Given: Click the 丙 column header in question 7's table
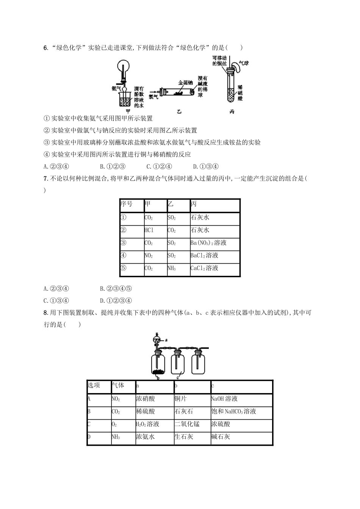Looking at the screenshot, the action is [x=194, y=204].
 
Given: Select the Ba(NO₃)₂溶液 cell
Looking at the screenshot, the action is [x=208, y=243].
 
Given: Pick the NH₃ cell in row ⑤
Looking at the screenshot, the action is [x=172, y=268].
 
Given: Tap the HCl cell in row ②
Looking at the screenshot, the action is [x=149, y=230].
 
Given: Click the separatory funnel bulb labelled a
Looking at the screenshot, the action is [x=155, y=339].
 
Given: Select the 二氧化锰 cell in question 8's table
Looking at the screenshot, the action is [x=187, y=424].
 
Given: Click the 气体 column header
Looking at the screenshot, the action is [x=118, y=385].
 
